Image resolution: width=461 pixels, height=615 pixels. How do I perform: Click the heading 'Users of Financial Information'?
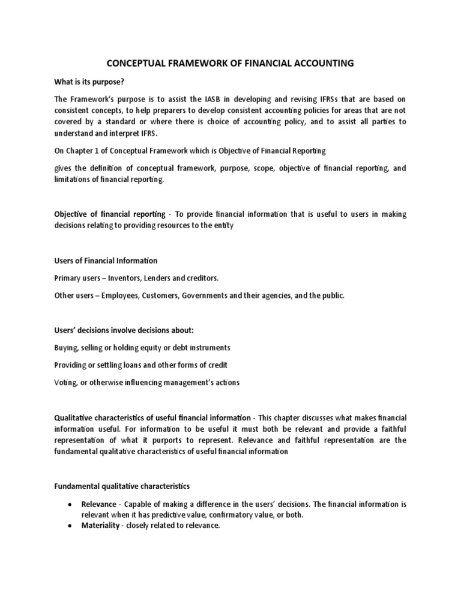(106, 261)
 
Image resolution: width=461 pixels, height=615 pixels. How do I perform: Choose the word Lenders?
(160, 278)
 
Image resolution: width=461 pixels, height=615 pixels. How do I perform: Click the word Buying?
(65, 348)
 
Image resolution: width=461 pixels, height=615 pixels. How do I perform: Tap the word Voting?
(65, 383)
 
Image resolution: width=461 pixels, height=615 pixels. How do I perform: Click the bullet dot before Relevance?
(71, 504)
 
